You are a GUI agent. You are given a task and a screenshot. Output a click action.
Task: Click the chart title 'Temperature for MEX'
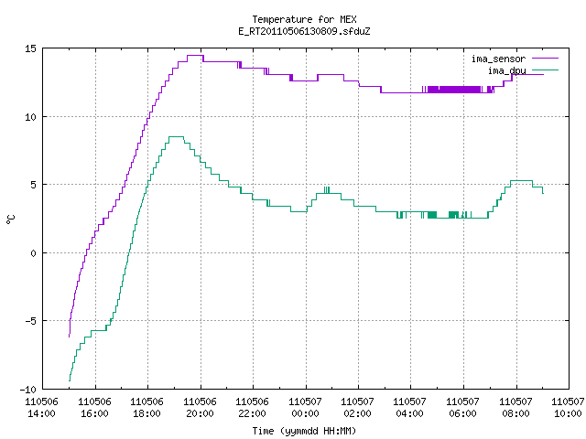click(304, 19)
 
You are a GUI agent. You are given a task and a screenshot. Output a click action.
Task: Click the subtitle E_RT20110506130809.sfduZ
click(304, 31)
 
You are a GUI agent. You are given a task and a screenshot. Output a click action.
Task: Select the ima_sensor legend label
click(498, 59)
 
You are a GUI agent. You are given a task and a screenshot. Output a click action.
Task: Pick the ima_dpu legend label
click(507, 70)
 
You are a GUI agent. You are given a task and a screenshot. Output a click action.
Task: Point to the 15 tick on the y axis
click(30, 48)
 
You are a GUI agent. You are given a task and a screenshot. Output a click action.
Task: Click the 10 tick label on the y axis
click(30, 117)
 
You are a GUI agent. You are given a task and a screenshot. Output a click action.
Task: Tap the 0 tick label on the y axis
click(33, 253)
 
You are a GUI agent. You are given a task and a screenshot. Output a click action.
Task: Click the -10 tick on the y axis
click(28, 390)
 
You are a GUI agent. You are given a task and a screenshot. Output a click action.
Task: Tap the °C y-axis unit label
click(11, 219)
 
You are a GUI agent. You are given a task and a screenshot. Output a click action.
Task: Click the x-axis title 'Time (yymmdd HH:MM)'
click(304, 431)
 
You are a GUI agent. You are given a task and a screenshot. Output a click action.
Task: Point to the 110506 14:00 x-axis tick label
click(42, 408)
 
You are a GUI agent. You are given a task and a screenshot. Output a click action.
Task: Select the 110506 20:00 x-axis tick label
click(200, 408)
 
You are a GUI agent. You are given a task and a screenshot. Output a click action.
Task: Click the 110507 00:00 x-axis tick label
click(305, 408)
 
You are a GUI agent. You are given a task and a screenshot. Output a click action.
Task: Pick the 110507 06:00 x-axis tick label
click(462, 408)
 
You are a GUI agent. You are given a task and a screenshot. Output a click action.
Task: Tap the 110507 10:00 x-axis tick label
click(568, 408)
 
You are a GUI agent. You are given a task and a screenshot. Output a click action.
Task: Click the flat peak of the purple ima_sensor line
click(195, 55)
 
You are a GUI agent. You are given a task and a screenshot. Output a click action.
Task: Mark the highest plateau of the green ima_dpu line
click(177, 136)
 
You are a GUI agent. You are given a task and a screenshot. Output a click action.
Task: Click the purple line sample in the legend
click(545, 59)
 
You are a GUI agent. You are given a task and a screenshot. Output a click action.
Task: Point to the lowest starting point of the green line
click(70, 380)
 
